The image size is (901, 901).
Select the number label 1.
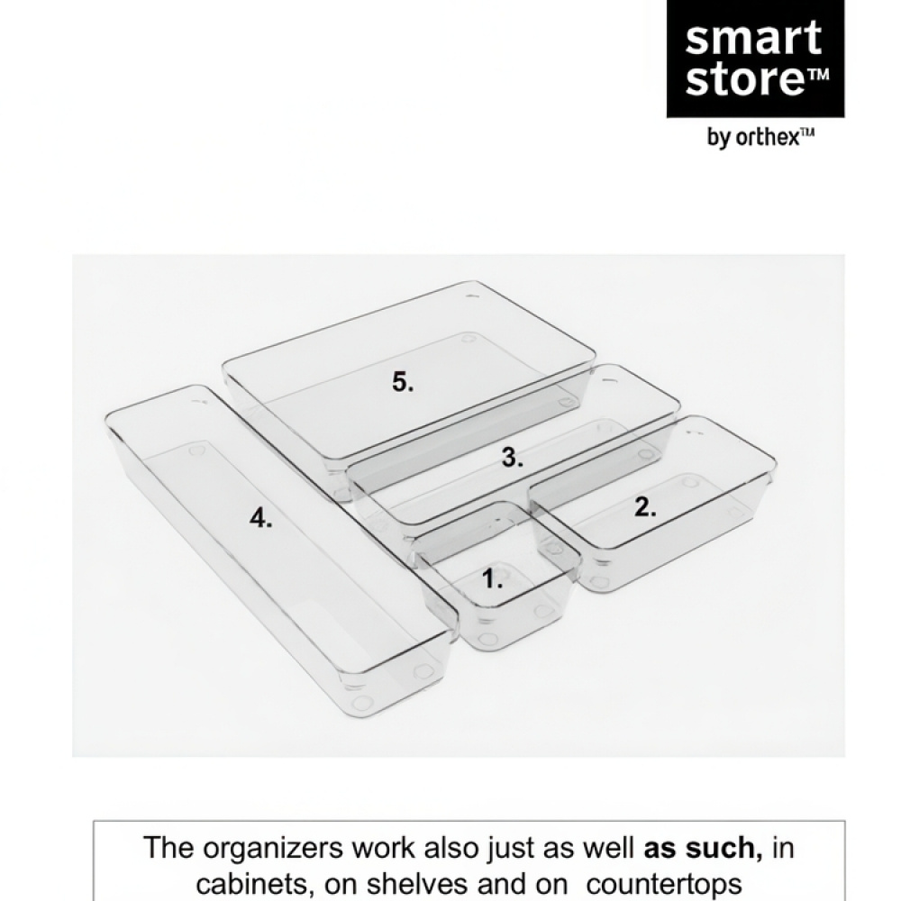[492, 579]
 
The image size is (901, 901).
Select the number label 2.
[645, 507]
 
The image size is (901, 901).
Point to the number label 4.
[260, 518]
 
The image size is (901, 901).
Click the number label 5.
[403, 382]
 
